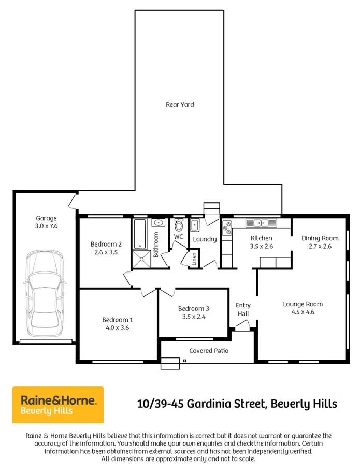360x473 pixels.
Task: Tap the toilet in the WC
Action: tap(179, 225)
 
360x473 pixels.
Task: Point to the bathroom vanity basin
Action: tap(159, 223)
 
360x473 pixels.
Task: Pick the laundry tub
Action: tap(195, 225)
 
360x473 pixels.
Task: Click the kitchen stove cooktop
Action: tap(227, 228)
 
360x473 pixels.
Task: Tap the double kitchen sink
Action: tap(261, 223)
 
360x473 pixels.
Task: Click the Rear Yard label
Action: tap(180, 105)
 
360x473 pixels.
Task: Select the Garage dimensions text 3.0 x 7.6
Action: tap(46, 226)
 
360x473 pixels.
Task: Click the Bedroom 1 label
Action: tap(117, 320)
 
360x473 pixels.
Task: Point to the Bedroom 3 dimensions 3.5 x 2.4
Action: tap(194, 317)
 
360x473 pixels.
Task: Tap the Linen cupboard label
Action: tap(194, 259)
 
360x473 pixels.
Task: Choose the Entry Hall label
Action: tap(243, 309)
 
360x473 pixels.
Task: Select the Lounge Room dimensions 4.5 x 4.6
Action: tap(303, 312)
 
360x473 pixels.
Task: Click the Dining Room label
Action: tap(320, 238)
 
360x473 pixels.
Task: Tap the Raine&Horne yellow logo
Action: tap(57, 405)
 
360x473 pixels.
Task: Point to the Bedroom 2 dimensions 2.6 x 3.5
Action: tap(106, 252)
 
